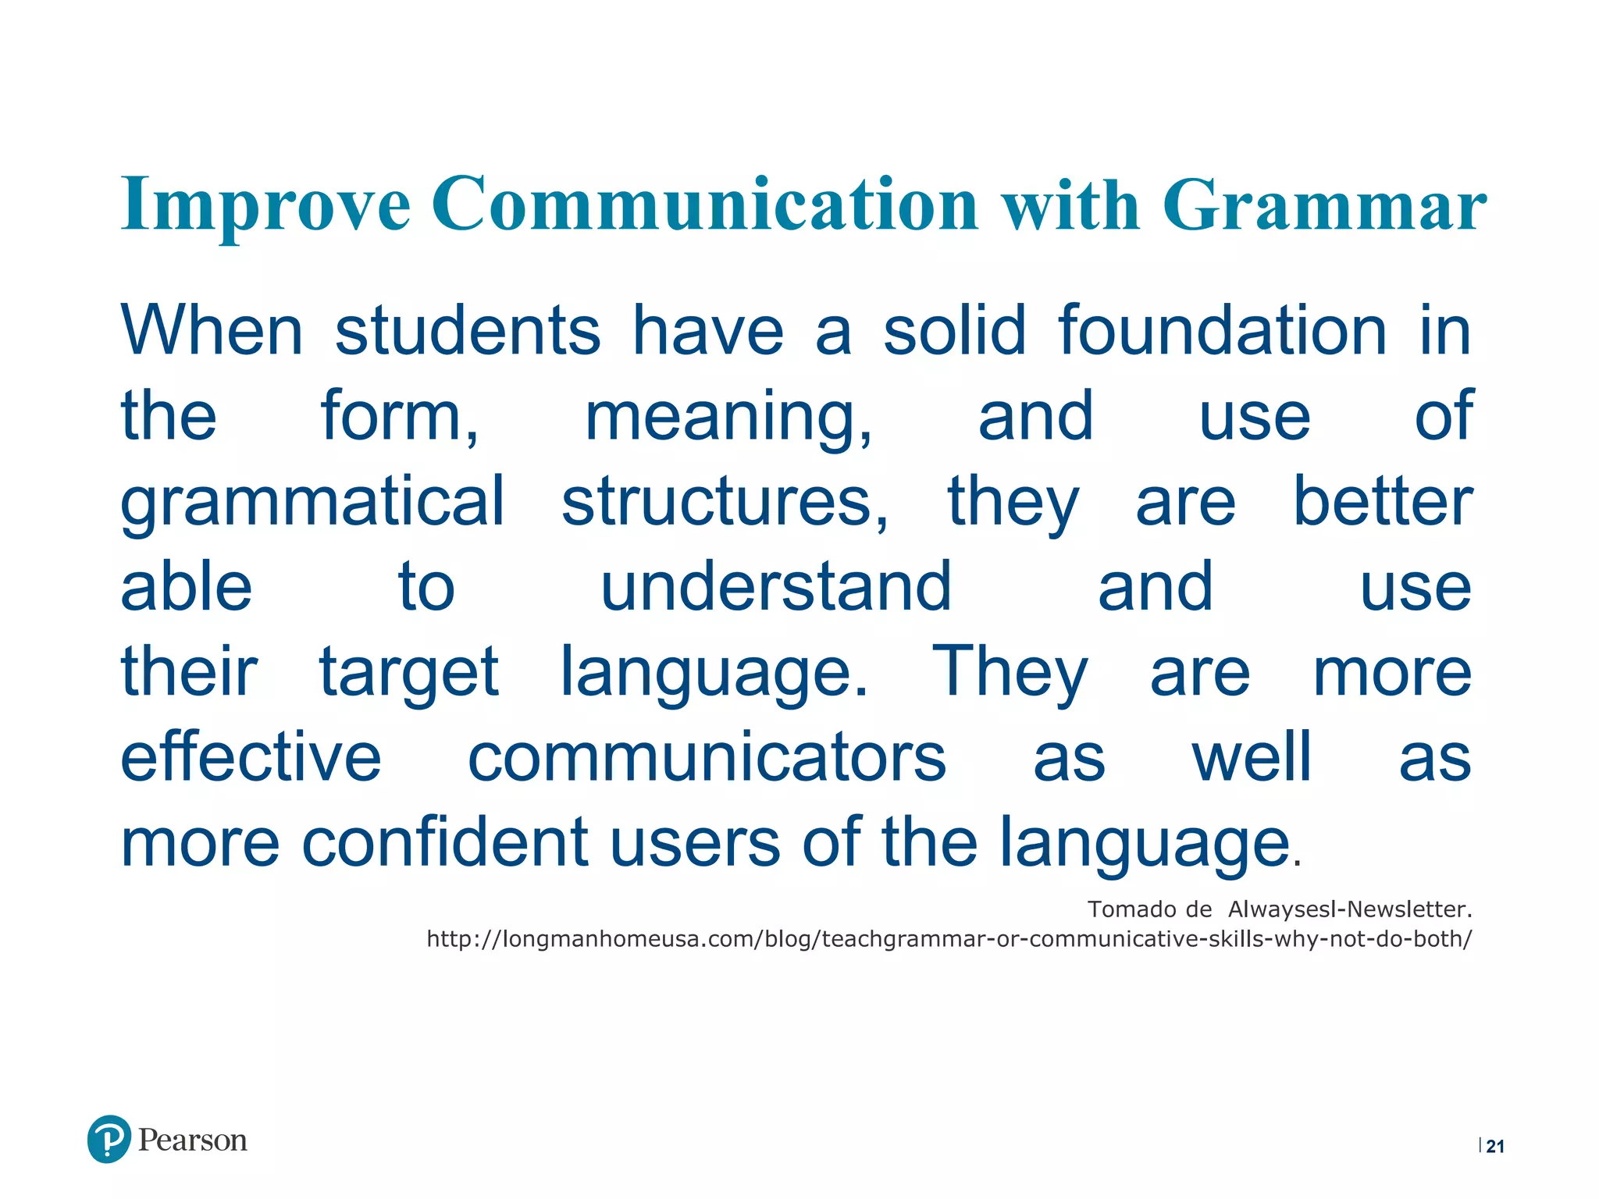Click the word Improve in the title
pyautogui.click(x=265, y=205)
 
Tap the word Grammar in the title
pyautogui.click(x=1324, y=205)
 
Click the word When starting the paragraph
pyautogui.click(x=212, y=331)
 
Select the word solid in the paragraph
pyautogui.click(x=954, y=331)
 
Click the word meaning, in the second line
pyautogui.click(x=728, y=417)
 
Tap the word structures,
pyautogui.click(x=725, y=502)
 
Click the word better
pyautogui.click(x=1382, y=502)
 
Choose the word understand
pyautogui.click(x=775, y=587)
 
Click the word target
pyautogui.click(x=408, y=673)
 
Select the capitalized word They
pyautogui.click(x=1009, y=673)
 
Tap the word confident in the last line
pyautogui.click(x=444, y=843)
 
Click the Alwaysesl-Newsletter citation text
pyautogui.click(x=1349, y=909)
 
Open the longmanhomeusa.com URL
pyautogui.click(x=949, y=939)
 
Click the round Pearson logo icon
pyautogui.click(x=109, y=1139)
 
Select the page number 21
pyautogui.click(x=1494, y=1146)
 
